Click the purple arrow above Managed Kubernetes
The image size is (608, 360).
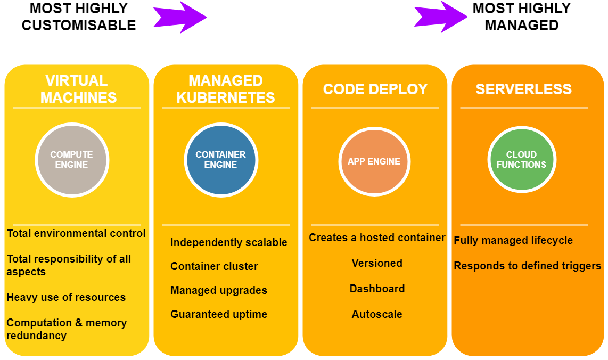[179, 17]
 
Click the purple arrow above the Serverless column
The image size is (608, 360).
[440, 17]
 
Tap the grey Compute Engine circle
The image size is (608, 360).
[72, 160]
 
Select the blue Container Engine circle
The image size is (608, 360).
[220, 160]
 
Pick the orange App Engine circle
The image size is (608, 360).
[374, 161]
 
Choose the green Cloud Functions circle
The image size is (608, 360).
[521, 160]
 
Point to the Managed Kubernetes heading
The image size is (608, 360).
[226, 89]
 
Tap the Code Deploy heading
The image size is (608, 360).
[375, 89]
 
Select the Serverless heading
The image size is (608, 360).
[524, 89]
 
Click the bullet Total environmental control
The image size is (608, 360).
[76, 233]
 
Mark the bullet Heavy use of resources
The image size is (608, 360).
[66, 297]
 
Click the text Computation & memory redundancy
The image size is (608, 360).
[67, 329]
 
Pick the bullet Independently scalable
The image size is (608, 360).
[228, 242]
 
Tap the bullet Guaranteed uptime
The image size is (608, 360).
[218, 314]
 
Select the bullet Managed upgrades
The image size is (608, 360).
[218, 290]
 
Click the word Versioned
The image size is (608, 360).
[377, 263]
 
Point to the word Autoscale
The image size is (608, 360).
[377, 314]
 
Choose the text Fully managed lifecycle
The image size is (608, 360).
[513, 240]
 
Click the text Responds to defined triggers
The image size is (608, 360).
[527, 266]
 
